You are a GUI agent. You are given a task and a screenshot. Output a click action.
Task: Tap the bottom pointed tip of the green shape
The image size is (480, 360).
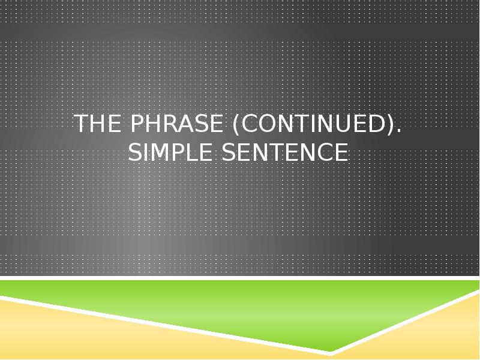click(331, 351)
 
